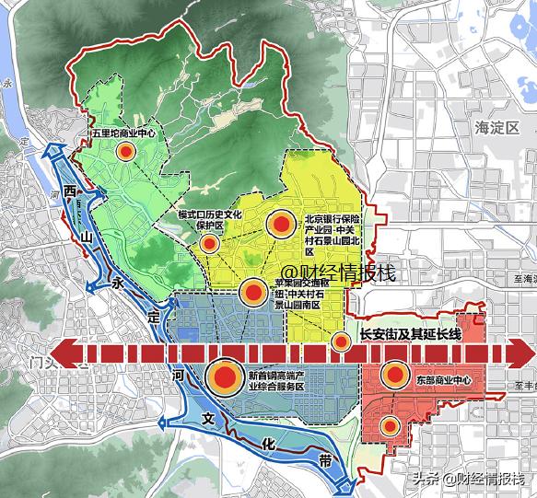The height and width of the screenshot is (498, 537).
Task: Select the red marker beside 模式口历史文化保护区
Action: pyautogui.click(x=210, y=244)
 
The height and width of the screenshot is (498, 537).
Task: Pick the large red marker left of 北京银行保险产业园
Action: pyautogui.click(x=282, y=224)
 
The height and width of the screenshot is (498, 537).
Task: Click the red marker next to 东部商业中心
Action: pyautogui.click(x=395, y=374)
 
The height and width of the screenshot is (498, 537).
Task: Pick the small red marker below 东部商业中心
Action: pyautogui.click(x=391, y=424)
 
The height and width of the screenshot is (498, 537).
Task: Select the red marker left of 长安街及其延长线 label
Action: pyautogui.click(x=342, y=342)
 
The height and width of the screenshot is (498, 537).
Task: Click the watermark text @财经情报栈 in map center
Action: pyautogui.click(x=338, y=272)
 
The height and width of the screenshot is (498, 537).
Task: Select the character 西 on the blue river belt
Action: pyautogui.click(x=70, y=191)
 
